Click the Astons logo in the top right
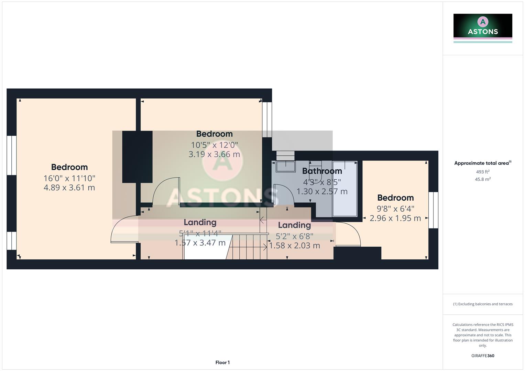coord(483,28)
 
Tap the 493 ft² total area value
coord(483,172)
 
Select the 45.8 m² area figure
coord(483,179)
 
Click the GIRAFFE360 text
coord(483,356)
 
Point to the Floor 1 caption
coord(222,362)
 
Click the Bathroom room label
coord(322,171)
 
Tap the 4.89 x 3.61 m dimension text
coord(69,188)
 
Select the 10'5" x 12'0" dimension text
coord(214,145)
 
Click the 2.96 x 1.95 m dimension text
coord(395,218)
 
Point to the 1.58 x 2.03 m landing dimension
coord(294,246)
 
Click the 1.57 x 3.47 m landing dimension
coord(200,243)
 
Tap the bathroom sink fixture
coord(285,166)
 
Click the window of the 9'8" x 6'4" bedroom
coord(433,210)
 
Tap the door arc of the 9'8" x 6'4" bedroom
coord(351,234)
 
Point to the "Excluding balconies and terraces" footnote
coord(483,304)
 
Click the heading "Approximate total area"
coord(482,163)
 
